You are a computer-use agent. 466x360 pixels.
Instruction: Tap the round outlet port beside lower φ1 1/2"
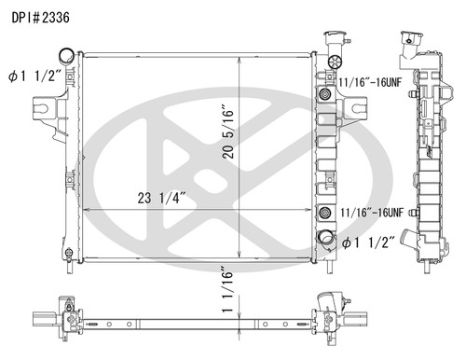(x=328, y=240)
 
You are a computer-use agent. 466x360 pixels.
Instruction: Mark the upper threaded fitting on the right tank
(x=324, y=96)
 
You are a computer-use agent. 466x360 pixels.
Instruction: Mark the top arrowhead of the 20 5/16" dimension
(x=241, y=58)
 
